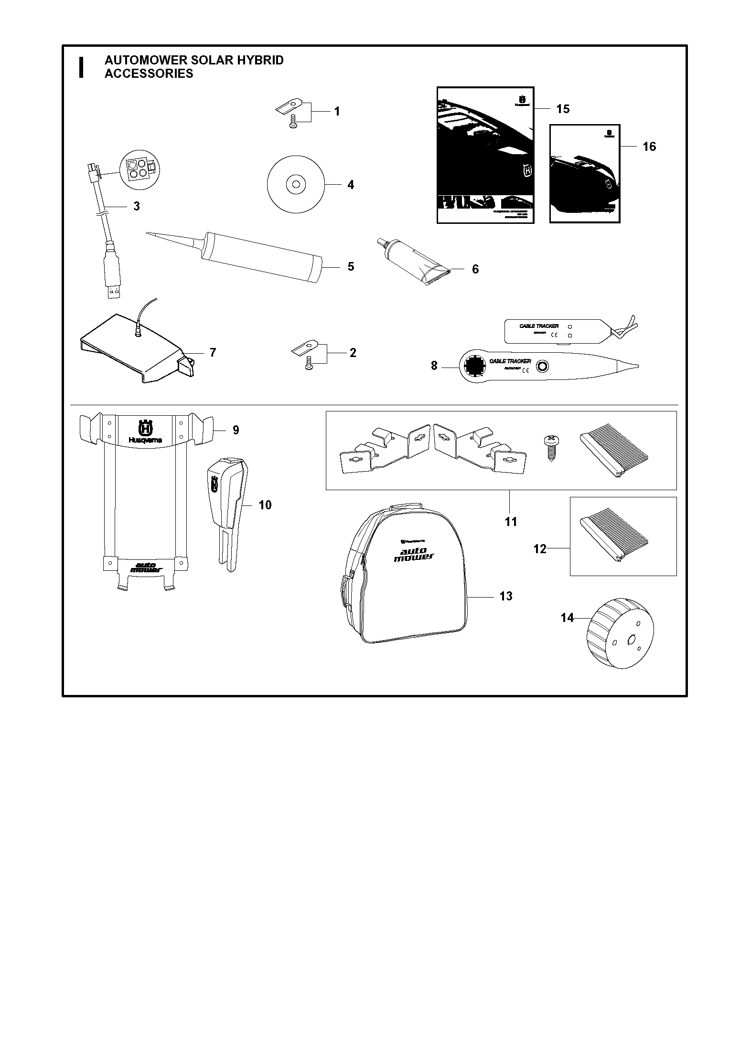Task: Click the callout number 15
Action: (563, 109)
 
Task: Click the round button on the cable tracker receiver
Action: (543, 366)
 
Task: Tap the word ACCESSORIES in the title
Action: (149, 74)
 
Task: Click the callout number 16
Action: (649, 147)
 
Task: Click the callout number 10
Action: (265, 505)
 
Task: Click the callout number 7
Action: (213, 352)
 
